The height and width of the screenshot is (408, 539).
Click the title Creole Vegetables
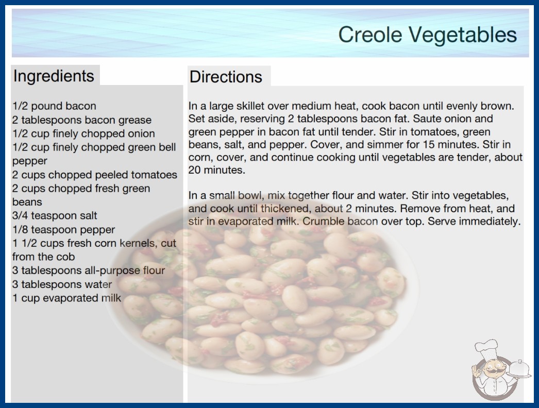coord(427,35)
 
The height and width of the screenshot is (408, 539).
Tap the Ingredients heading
coord(54,76)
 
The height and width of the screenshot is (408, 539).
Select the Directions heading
coord(226,77)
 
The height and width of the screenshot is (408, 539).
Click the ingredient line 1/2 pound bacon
coord(54,106)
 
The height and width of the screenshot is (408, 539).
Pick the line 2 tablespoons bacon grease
coord(82,120)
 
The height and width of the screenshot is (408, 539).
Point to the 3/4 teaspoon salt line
coord(55,215)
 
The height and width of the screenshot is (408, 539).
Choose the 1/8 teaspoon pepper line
coord(63,229)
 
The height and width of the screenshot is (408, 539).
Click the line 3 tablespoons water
coord(62,284)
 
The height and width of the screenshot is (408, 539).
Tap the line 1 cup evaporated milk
coord(66,298)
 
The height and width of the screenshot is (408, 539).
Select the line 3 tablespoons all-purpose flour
coord(89,270)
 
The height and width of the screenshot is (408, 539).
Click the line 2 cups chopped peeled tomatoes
coord(94,175)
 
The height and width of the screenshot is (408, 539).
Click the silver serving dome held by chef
coord(519,368)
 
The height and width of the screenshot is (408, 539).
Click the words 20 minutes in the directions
coord(216,170)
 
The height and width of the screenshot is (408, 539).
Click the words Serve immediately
coord(474,222)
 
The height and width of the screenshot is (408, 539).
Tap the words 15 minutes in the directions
coord(451,144)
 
